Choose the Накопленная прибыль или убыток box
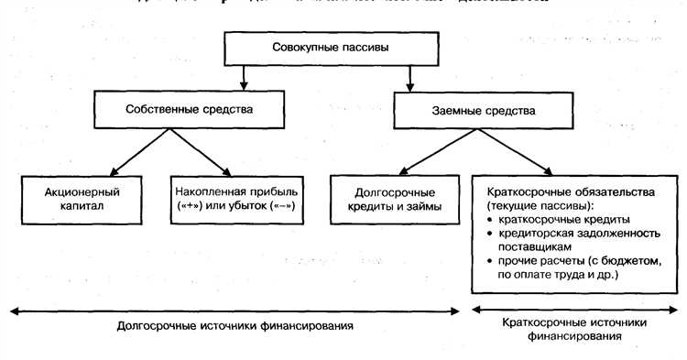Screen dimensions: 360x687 pos(237,200)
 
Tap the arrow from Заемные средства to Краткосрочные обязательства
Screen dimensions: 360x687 pos(517,152)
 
